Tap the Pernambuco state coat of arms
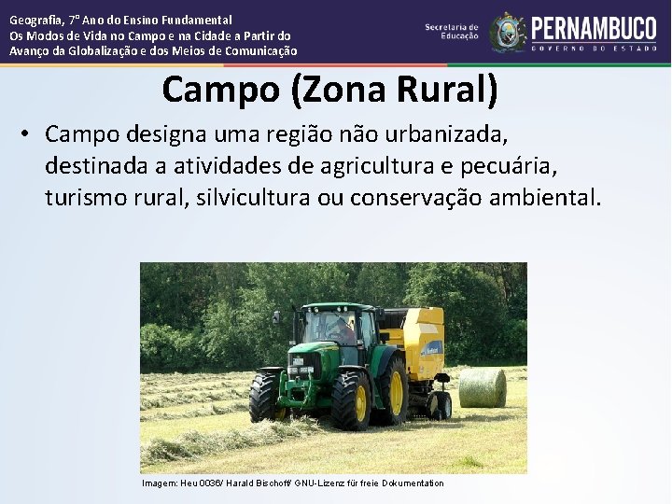point(508,33)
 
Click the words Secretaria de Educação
point(452,32)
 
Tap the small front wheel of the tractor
point(265,396)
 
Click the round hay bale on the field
point(483,386)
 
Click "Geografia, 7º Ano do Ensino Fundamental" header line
point(121,20)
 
